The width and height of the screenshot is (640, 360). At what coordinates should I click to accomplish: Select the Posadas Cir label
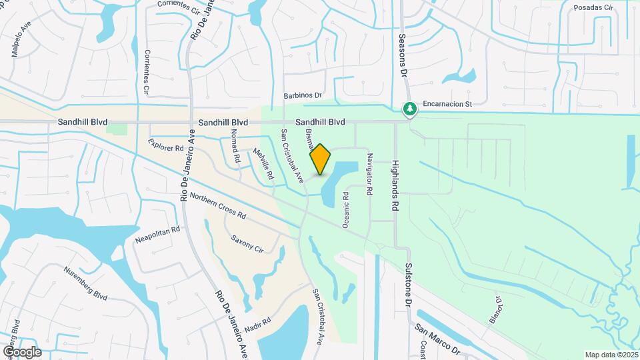pos(593,7)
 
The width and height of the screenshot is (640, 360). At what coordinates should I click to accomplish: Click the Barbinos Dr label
pos(302,96)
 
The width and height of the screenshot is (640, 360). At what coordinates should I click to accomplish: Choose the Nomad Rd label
pos(235,147)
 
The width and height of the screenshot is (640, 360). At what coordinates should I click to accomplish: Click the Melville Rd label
pos(264,164)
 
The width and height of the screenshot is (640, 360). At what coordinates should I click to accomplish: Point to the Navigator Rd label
pos(369,173)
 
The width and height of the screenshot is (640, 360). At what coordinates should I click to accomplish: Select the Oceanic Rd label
pos(345,211)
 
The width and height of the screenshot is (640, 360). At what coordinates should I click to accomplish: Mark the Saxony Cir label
pos(247,243)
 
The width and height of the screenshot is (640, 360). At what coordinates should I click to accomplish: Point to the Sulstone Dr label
pos(408,285)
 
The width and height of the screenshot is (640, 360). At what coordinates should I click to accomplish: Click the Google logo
pos(22,351)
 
